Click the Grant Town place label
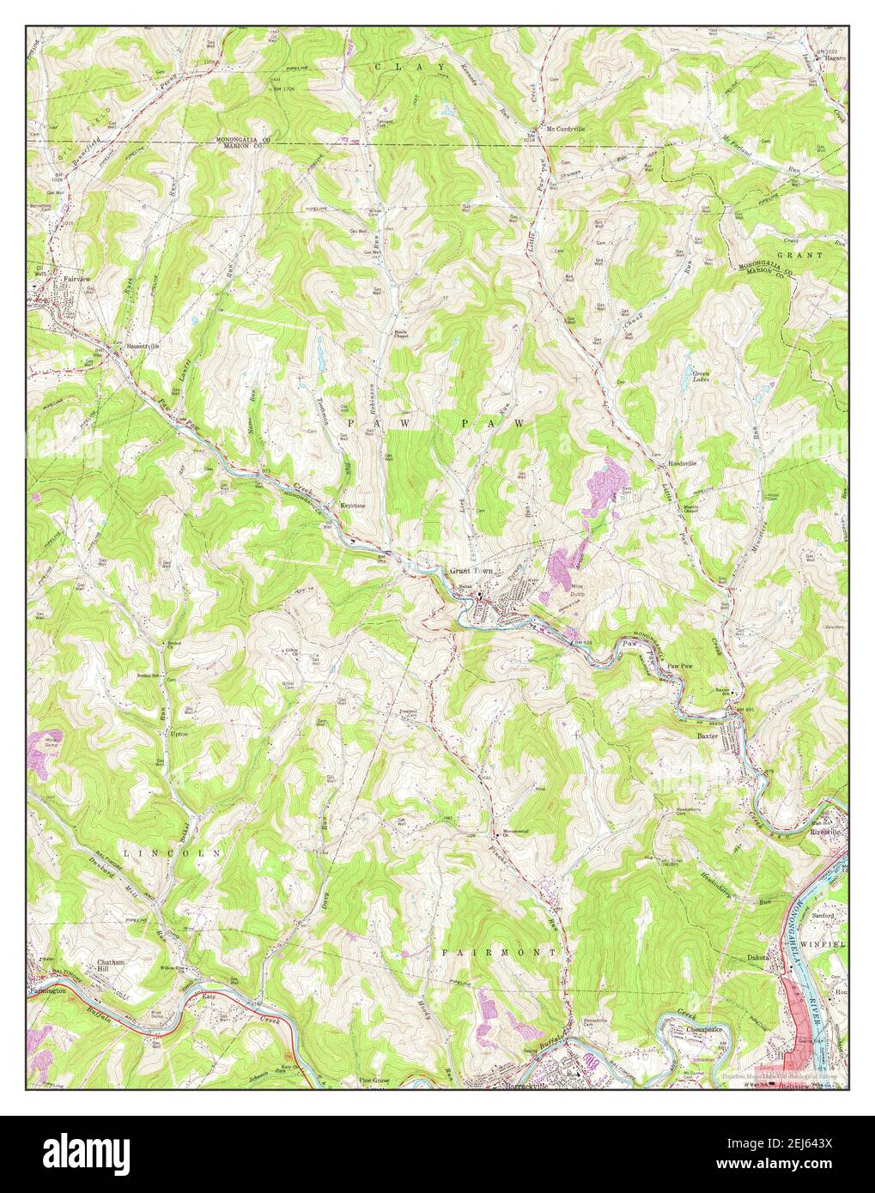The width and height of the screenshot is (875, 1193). tap(470, 571)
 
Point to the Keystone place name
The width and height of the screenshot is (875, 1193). tap(353, 506)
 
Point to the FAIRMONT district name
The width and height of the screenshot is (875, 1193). tap(499, 953)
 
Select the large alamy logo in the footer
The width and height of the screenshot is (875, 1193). tap(77, 1154)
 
